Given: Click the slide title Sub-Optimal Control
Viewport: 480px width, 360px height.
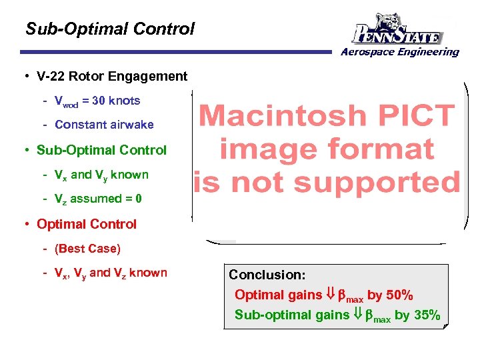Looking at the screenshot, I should pyautogui.click(x=110, y=29).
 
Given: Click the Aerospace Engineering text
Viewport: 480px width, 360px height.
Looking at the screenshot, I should pyautogui.click(x=400, y=52).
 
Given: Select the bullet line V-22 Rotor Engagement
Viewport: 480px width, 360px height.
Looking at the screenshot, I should pyautogui.click(x=112, y=76).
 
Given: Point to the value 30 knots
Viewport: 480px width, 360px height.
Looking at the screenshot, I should pyautogui.click(x=116, y=101).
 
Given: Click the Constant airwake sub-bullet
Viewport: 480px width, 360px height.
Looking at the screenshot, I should pyautogui.click(x=104, y=125).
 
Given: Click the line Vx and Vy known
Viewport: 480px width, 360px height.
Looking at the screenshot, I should pyautogui.click(x=101, y=175).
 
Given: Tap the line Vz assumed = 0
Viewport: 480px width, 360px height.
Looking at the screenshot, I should pyautogui.click(x=98, y=199).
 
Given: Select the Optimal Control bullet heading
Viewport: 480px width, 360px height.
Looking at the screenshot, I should pyautogui.click(x=87, y=224).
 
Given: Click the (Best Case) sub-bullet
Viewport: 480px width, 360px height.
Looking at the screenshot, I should pyautogui.click(x=87, y=249).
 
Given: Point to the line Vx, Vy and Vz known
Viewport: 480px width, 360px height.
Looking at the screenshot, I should pyautogui.click(x=111, y=273).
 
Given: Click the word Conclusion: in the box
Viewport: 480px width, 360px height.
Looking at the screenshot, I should pyautogui.click(x=267, y=275).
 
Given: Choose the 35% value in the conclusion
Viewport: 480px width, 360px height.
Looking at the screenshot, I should pyautogui.click(x=427, y=315).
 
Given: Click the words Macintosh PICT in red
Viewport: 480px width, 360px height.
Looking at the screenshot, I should pyautogui.click(x=327, y=116).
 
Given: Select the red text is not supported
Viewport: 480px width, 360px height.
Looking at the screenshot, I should pyautogui.click(x=327, y=181).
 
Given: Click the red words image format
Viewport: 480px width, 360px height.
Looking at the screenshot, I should pyautogui.click(x=327, y=149).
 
